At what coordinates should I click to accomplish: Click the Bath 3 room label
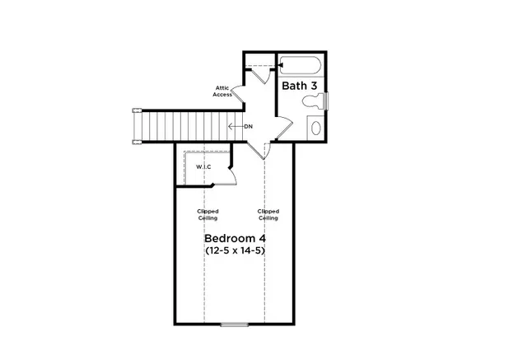point(301,86)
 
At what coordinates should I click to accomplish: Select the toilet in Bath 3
point(312,103)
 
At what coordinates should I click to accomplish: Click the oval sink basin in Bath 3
point(315,128)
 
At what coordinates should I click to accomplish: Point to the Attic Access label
point(222,91)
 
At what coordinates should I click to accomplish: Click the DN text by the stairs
point(248,126)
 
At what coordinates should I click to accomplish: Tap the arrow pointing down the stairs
point(235,126)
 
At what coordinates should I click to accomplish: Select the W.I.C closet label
point(203,168)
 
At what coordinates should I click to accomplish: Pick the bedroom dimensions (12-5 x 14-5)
point(236,250)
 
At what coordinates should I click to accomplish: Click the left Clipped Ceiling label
point(208,214)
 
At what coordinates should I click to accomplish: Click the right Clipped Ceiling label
point(268,214)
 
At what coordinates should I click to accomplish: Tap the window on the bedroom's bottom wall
point(235,324)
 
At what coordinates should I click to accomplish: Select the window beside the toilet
point(327,101)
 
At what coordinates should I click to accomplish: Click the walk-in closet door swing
point(232,175)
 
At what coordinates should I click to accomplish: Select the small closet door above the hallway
point(261,74)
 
